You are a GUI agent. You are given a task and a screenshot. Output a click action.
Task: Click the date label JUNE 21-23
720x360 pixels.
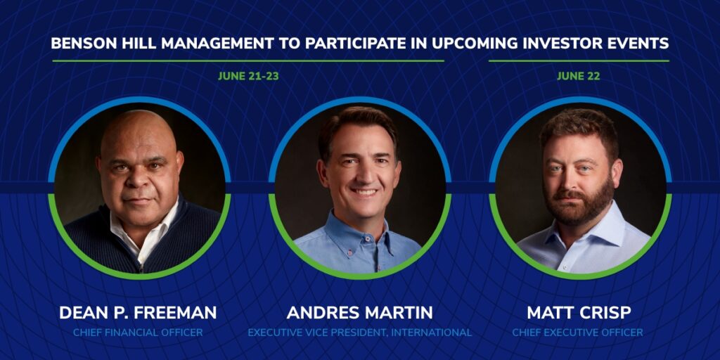tap(248, 76)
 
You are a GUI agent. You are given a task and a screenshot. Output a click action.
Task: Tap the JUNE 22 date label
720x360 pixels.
tap(579, 76)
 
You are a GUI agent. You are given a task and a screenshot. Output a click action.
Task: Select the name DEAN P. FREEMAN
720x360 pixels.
tap(138, 313)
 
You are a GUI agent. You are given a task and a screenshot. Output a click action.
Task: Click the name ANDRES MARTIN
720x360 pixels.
tap(359, 313)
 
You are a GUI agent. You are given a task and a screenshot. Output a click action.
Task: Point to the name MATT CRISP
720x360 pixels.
tap(579, 313)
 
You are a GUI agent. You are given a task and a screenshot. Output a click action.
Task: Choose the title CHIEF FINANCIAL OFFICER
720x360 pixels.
tap(138, 333)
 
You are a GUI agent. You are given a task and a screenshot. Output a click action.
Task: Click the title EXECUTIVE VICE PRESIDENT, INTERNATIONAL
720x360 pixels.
tap(359, 333)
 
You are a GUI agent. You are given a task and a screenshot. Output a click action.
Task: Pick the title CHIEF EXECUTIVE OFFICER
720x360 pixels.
tap(578, 333)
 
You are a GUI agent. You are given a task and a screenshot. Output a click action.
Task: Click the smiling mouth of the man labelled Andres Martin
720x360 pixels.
tap(364, 192)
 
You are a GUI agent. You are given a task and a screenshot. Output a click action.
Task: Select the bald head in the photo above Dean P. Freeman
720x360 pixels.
tap(139, 131)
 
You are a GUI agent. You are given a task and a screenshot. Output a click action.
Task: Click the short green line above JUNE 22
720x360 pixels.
tap(579, 60)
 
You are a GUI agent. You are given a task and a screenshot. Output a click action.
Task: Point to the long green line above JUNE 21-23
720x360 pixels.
tap(248, 60)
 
